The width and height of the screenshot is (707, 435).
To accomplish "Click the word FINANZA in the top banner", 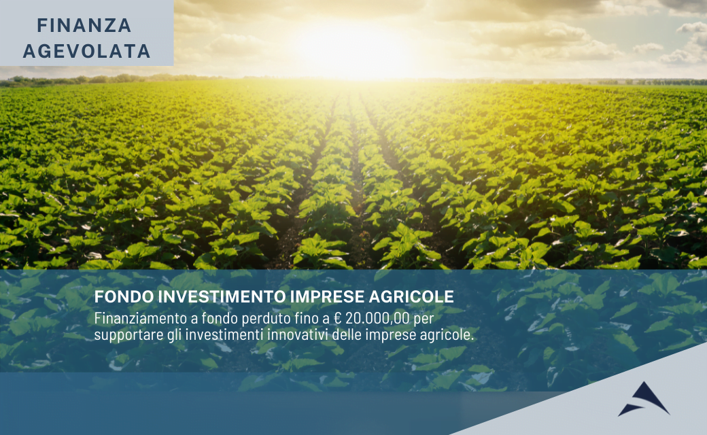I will [84, 26].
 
